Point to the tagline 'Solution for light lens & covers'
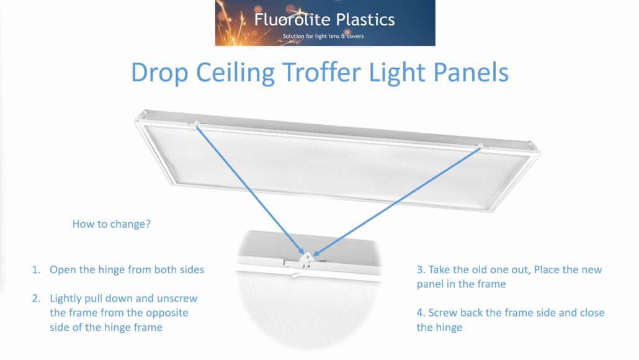(x=323, y=36)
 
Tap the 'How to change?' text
(x=112, y=224)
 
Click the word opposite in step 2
(x=168, y=313)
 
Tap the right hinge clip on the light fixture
(x=479, y=146)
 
